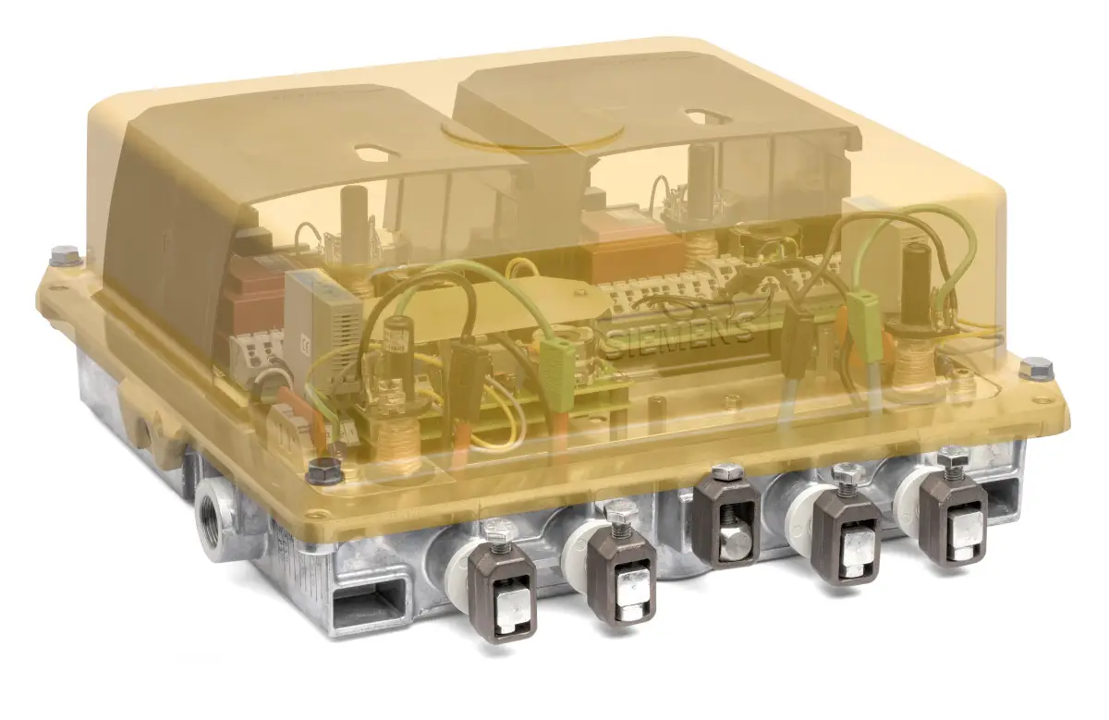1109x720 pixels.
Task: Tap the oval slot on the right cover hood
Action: pos(703,116)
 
